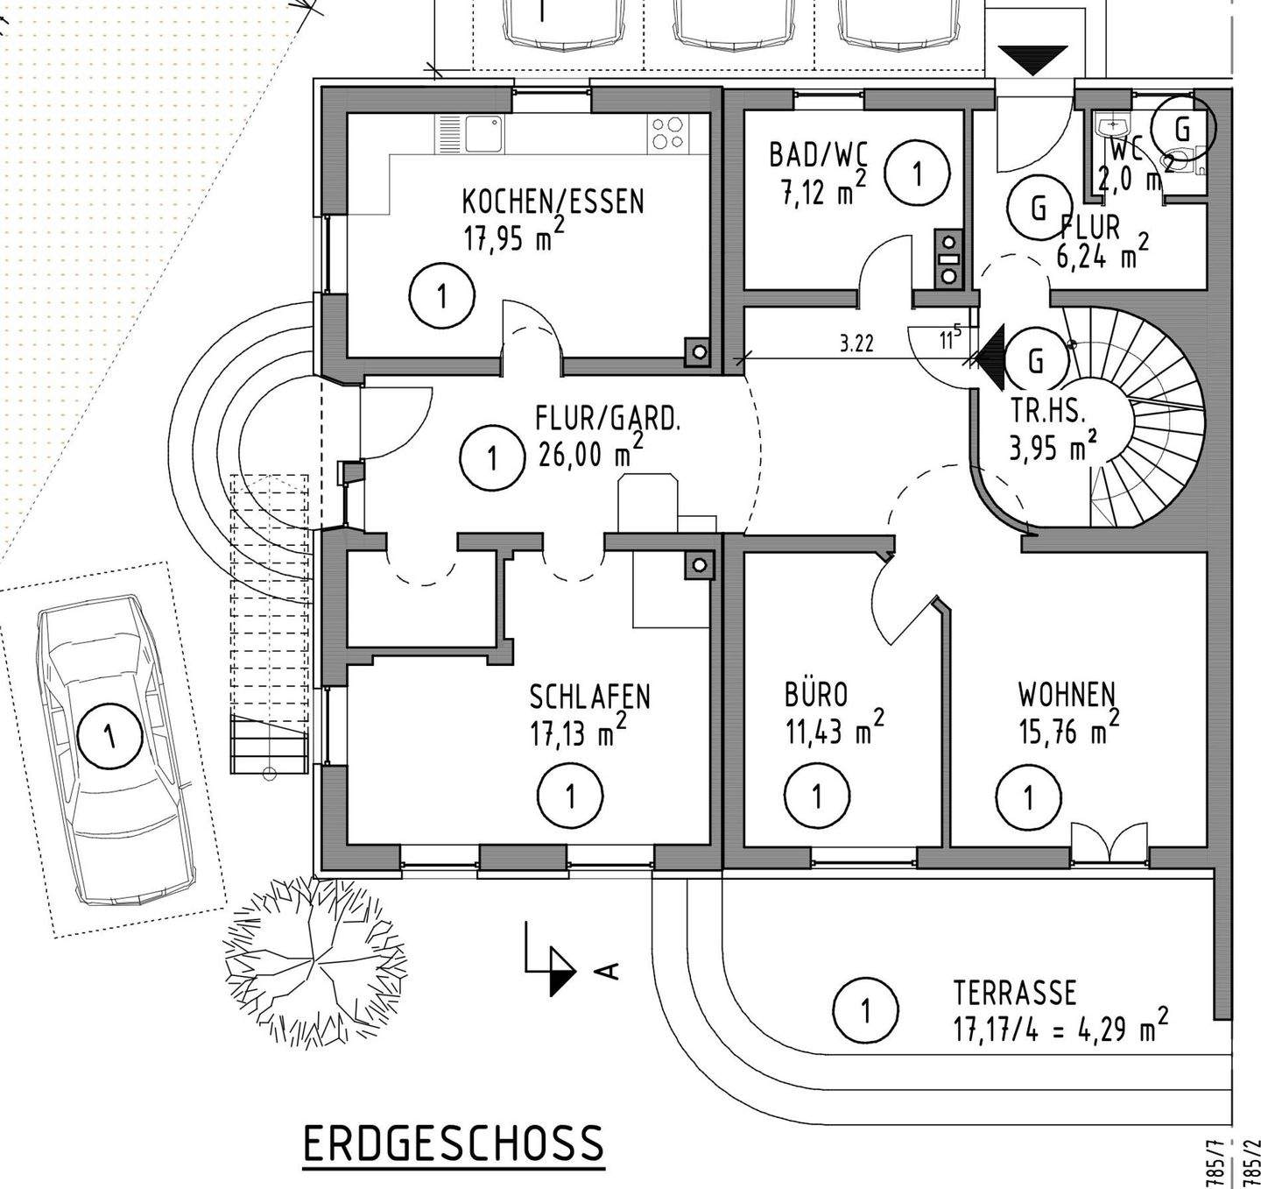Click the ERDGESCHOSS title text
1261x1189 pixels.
click(453, 1143)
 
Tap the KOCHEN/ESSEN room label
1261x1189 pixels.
click(553, 202)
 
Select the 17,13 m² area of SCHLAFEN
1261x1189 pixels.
click(577, 733)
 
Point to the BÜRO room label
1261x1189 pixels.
click(816, 695)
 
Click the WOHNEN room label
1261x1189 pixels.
click(1066, 695)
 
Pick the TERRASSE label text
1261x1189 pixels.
click(1015, 993)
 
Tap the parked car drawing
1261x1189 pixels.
click(114, 749)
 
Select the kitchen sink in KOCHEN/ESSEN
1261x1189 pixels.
click(483, 135)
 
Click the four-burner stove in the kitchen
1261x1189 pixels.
click(668, 134)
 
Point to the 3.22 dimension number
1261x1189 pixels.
click(856, 343)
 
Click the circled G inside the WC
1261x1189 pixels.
click(1182, 130)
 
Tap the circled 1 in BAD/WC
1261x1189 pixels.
click(917, 173)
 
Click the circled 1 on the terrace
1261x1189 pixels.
click(865, 1010)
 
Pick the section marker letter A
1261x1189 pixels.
click(608, 970)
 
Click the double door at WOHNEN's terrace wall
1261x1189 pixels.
click(1109, 843)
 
